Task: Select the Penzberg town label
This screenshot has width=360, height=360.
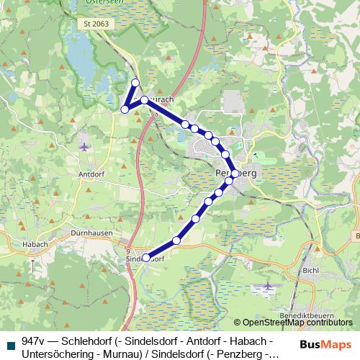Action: click(236, 174)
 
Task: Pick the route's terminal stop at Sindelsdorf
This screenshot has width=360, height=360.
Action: click(146, 257)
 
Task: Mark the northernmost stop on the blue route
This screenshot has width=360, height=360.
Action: click(135, 82)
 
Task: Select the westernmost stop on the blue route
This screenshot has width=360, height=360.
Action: click(125, 109)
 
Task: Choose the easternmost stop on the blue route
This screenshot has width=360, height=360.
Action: click(235, 174)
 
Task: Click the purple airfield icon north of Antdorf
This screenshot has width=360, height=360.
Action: click(85, 147)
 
